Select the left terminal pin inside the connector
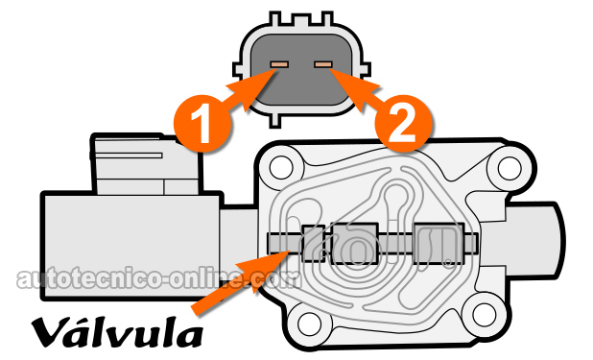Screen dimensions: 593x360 279,65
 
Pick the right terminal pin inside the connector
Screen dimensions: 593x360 323,65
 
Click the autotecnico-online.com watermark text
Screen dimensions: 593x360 154,278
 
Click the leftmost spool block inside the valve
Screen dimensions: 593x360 313,244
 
